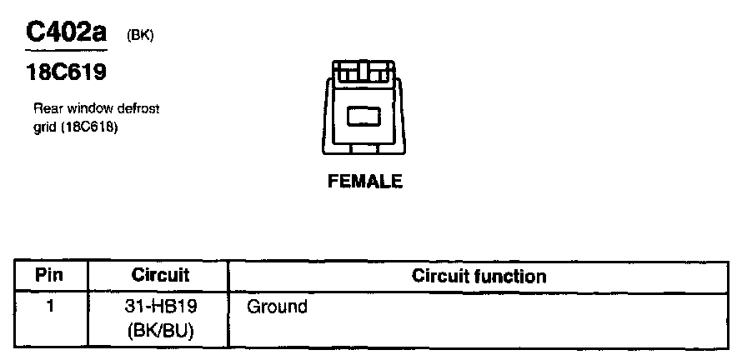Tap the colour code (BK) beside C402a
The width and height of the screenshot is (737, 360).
[x=140, y=36]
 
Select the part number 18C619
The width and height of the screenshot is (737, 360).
[x=66, y=73]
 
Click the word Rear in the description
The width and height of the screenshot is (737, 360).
[x=44, y=109]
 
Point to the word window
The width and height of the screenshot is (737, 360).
[x=80, y=109]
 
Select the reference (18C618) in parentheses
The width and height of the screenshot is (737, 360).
[x=86, y=127]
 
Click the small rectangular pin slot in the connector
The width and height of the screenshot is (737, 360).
[x=363, y=117]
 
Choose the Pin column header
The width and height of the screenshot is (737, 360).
[x=51, y=276]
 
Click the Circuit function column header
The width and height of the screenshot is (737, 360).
[x=479, y=276]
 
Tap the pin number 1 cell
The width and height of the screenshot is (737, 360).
[x=51, y=307]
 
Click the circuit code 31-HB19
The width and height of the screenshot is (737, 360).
[x=161, y=307]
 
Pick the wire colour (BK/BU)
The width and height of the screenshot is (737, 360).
[x=161, y=331]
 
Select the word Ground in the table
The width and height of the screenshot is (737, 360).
[x=277, y=307]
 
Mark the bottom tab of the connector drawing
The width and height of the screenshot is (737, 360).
[x=363, y=148]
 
